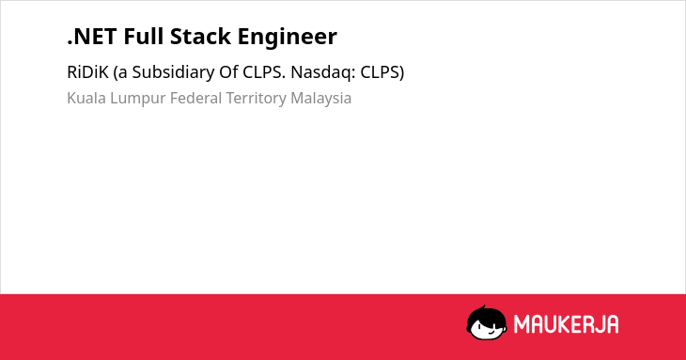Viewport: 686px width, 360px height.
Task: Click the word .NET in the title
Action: tap(92, 37)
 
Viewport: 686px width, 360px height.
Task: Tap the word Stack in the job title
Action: tap(200, 37)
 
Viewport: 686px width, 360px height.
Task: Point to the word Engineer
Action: tap(288, 38)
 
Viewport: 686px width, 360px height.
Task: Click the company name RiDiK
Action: tap(87, 72)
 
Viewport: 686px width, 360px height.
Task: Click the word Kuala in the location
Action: tap(86, 98)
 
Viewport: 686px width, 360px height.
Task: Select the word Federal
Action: tap(196, 98)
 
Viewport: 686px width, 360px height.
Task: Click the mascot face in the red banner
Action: tap(487, 323)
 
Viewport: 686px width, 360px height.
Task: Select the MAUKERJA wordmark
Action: tap(566, 324)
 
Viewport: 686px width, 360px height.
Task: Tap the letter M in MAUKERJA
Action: tap(522, 324)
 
